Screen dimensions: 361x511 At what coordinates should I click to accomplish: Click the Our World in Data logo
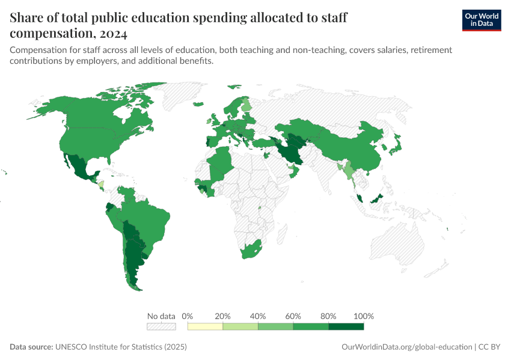pos(481,19)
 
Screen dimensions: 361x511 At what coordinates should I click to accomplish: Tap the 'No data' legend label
pos(161,316)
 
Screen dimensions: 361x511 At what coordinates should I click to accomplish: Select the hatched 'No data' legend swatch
pos(161,327)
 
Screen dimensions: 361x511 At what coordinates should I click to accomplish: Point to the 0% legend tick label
pos(187,316)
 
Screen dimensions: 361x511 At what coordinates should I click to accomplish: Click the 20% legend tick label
pos(222,316)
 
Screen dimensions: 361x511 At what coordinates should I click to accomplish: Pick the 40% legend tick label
pos(258,316)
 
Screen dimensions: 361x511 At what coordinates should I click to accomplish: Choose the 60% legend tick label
pos(293,316)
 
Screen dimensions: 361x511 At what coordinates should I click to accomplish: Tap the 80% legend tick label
pos(328,316)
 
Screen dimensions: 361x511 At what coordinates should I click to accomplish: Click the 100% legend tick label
pos(364,316)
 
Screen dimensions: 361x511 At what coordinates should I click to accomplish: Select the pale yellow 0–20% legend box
pos(205,327)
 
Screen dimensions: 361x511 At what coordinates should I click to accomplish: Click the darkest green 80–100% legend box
pos(346,327)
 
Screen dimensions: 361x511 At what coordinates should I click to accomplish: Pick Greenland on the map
pos(180,96)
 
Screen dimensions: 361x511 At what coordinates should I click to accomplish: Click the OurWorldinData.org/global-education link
pos(406,347)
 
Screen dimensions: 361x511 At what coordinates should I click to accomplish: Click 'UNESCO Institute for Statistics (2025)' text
pos(121,347)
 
